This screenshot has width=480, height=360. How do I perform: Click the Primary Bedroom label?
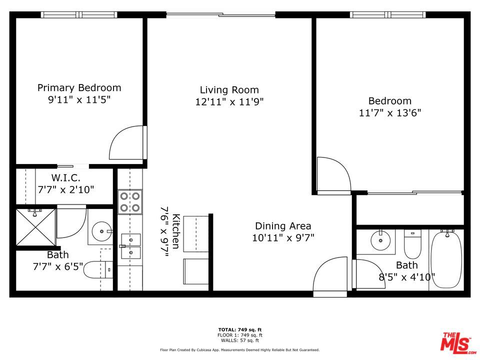[x=79, y=88]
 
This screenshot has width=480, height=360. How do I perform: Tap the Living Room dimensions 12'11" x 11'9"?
[x=229, y=101]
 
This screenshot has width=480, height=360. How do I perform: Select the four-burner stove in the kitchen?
[x=130, y=202]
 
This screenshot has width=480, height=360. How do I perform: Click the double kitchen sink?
[x=131, y=246]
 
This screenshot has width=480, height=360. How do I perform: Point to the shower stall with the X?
[x=36, y=227]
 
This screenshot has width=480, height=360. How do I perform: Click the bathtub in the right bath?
[x=446, y=259]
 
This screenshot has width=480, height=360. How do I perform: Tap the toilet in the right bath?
[x=412, y=244]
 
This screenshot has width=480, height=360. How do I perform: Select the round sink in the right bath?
[x=380, y=240]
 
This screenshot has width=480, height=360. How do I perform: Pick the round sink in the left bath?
[x=102, y=231]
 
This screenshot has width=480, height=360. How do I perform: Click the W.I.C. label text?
[x=66, y=177]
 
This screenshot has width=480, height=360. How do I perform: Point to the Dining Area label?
[x=283, y=226]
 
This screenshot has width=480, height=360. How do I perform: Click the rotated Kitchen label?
[x=176, y=231]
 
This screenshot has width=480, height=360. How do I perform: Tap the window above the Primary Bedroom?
[x=79, y=14]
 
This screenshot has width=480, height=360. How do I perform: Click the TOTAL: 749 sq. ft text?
[x=240, y=329]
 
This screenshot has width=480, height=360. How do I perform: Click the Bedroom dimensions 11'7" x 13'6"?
[x=390, y=113]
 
